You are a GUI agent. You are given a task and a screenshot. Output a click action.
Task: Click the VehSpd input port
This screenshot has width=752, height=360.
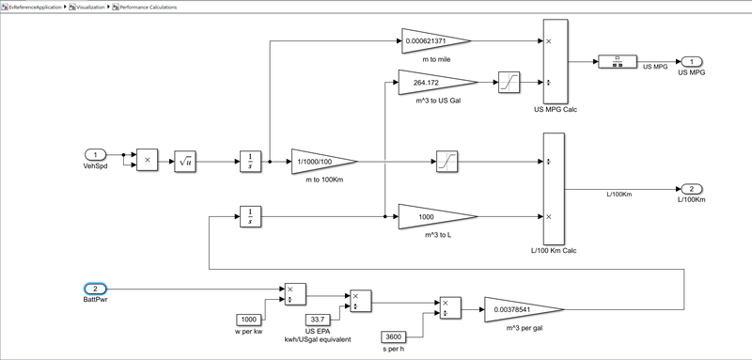pyautogui.click(x=96, y=154)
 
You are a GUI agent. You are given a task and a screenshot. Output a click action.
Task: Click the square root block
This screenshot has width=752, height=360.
pyautogui.click(x=185, y=162)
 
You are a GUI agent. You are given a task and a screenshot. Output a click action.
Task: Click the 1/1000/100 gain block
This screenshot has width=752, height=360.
pyautogui.click(x=321, y=162)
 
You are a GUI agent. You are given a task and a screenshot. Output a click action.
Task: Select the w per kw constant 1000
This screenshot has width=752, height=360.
pyautogui.click(x=247, y=320)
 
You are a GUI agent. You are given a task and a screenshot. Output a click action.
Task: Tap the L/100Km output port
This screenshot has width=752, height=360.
pyautogui.click(x=690, y=189)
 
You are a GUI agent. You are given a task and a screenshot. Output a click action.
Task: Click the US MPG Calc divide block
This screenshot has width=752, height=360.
pyautogui.click(x=553, y=62)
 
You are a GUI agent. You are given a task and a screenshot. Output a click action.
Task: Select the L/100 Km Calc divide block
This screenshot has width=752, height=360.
pyautogui.click(x=553, y=189)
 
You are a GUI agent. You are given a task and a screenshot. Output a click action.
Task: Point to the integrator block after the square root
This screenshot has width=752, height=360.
pyautogui.click(x=250, y=162)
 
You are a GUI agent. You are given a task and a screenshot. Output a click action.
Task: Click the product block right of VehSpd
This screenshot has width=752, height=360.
pyautogui.click(x=148, y=162)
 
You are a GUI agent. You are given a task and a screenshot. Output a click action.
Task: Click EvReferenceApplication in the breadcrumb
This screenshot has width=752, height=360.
pyautogui.click(x=37, y=7)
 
